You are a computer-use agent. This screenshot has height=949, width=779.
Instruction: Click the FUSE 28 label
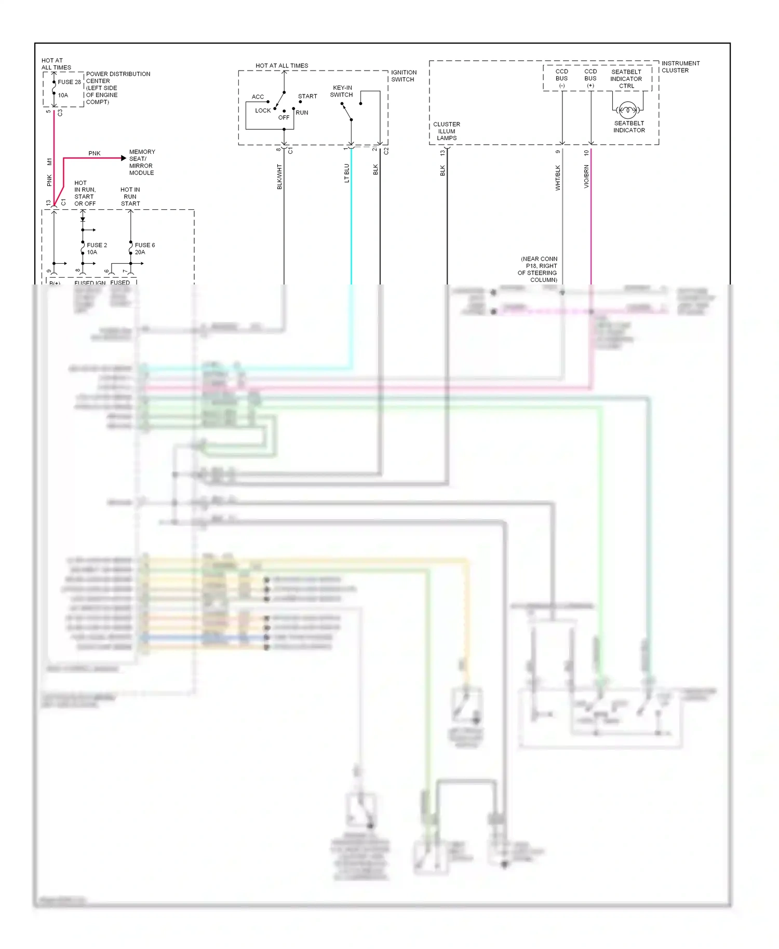click(69, 82)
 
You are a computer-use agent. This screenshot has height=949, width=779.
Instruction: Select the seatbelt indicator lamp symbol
click(628, 110)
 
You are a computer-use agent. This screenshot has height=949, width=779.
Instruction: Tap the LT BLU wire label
click(347, 173)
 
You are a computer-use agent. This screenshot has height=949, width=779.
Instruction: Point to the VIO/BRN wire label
click(586, 177)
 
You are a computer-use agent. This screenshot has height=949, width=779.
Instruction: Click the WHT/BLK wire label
click(558, 178)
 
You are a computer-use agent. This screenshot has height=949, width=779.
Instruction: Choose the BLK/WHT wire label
click(279, 177)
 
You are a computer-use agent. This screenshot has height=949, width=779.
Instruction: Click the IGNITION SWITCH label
click(404, 76)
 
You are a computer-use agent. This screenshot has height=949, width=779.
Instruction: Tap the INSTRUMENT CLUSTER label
click(680, 67)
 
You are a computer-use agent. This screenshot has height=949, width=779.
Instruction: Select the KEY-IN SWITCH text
click(342, 91)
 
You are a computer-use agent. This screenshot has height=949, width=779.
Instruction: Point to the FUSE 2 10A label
click(97, 249)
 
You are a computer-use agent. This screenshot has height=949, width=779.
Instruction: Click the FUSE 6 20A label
click(144, 249)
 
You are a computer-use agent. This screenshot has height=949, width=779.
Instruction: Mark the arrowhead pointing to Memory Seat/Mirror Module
click(124, 158)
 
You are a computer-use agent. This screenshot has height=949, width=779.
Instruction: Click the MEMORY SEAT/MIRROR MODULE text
click(142, 162)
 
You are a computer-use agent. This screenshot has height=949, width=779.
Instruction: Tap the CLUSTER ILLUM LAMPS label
click(447, 131)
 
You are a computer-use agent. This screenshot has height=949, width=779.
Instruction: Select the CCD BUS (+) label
click(590, 78)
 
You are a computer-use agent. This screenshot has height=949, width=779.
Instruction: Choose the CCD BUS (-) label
click(562, 78)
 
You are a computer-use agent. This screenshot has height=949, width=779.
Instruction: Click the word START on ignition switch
click(307, 97)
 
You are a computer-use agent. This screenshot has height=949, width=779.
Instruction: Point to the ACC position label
click(258, 97)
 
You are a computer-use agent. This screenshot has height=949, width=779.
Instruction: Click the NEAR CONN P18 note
click(538, 269)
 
